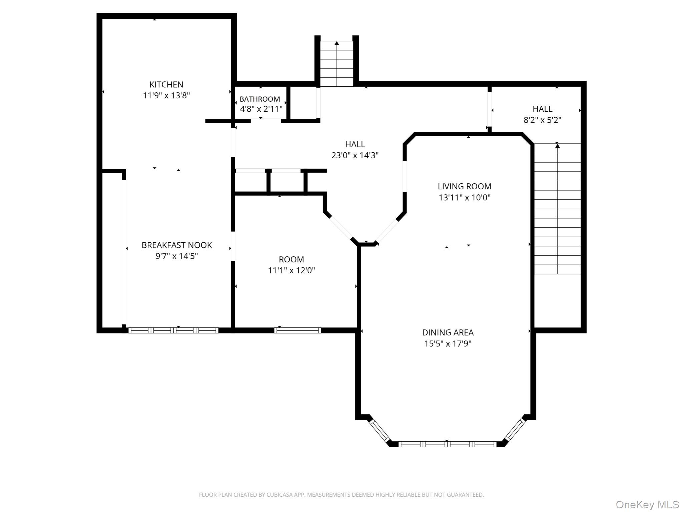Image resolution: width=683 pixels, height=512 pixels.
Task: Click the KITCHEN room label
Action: pos(166,85)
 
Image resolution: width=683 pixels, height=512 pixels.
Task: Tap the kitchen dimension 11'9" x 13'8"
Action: pos(166,96)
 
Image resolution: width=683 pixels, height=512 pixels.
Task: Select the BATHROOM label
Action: pos(260,99)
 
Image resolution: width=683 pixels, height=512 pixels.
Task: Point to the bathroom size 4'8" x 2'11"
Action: pos(261,109)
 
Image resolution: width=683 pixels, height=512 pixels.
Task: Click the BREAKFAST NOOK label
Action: pos(177,245)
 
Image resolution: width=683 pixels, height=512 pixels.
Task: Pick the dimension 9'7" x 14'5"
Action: pos(177,256)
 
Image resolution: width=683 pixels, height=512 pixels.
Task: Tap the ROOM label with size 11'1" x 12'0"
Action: pos(291,259)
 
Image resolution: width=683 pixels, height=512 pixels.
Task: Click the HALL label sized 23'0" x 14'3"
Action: pos(355,144)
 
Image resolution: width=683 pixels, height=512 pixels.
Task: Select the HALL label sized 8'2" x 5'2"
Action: pos(542,109)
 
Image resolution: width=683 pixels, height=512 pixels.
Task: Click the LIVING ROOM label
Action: pos(464,186)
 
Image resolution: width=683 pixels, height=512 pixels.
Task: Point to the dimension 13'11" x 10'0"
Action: pos(464,198)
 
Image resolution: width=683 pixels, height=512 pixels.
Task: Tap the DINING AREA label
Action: pos(448,332)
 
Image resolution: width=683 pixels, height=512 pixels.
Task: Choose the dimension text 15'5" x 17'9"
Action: pos(448,344)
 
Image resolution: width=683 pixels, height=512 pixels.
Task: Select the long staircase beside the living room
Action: pos(557,209)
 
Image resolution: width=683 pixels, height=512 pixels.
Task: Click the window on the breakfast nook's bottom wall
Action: pos(173,330)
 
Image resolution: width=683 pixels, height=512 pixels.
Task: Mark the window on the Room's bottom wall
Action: pos(297,330)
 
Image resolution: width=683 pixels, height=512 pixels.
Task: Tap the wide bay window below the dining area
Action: pos(447,444)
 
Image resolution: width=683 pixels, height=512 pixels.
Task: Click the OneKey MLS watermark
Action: pos(647,504)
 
